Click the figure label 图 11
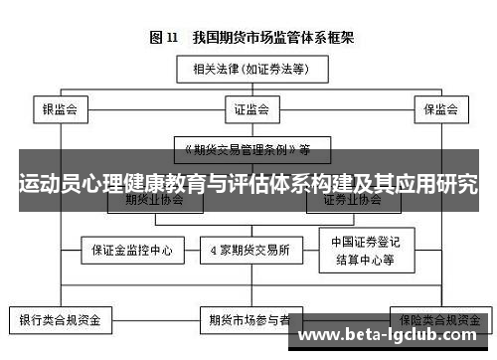162,38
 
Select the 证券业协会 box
352,199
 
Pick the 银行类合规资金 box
61,321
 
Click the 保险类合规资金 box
437,321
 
